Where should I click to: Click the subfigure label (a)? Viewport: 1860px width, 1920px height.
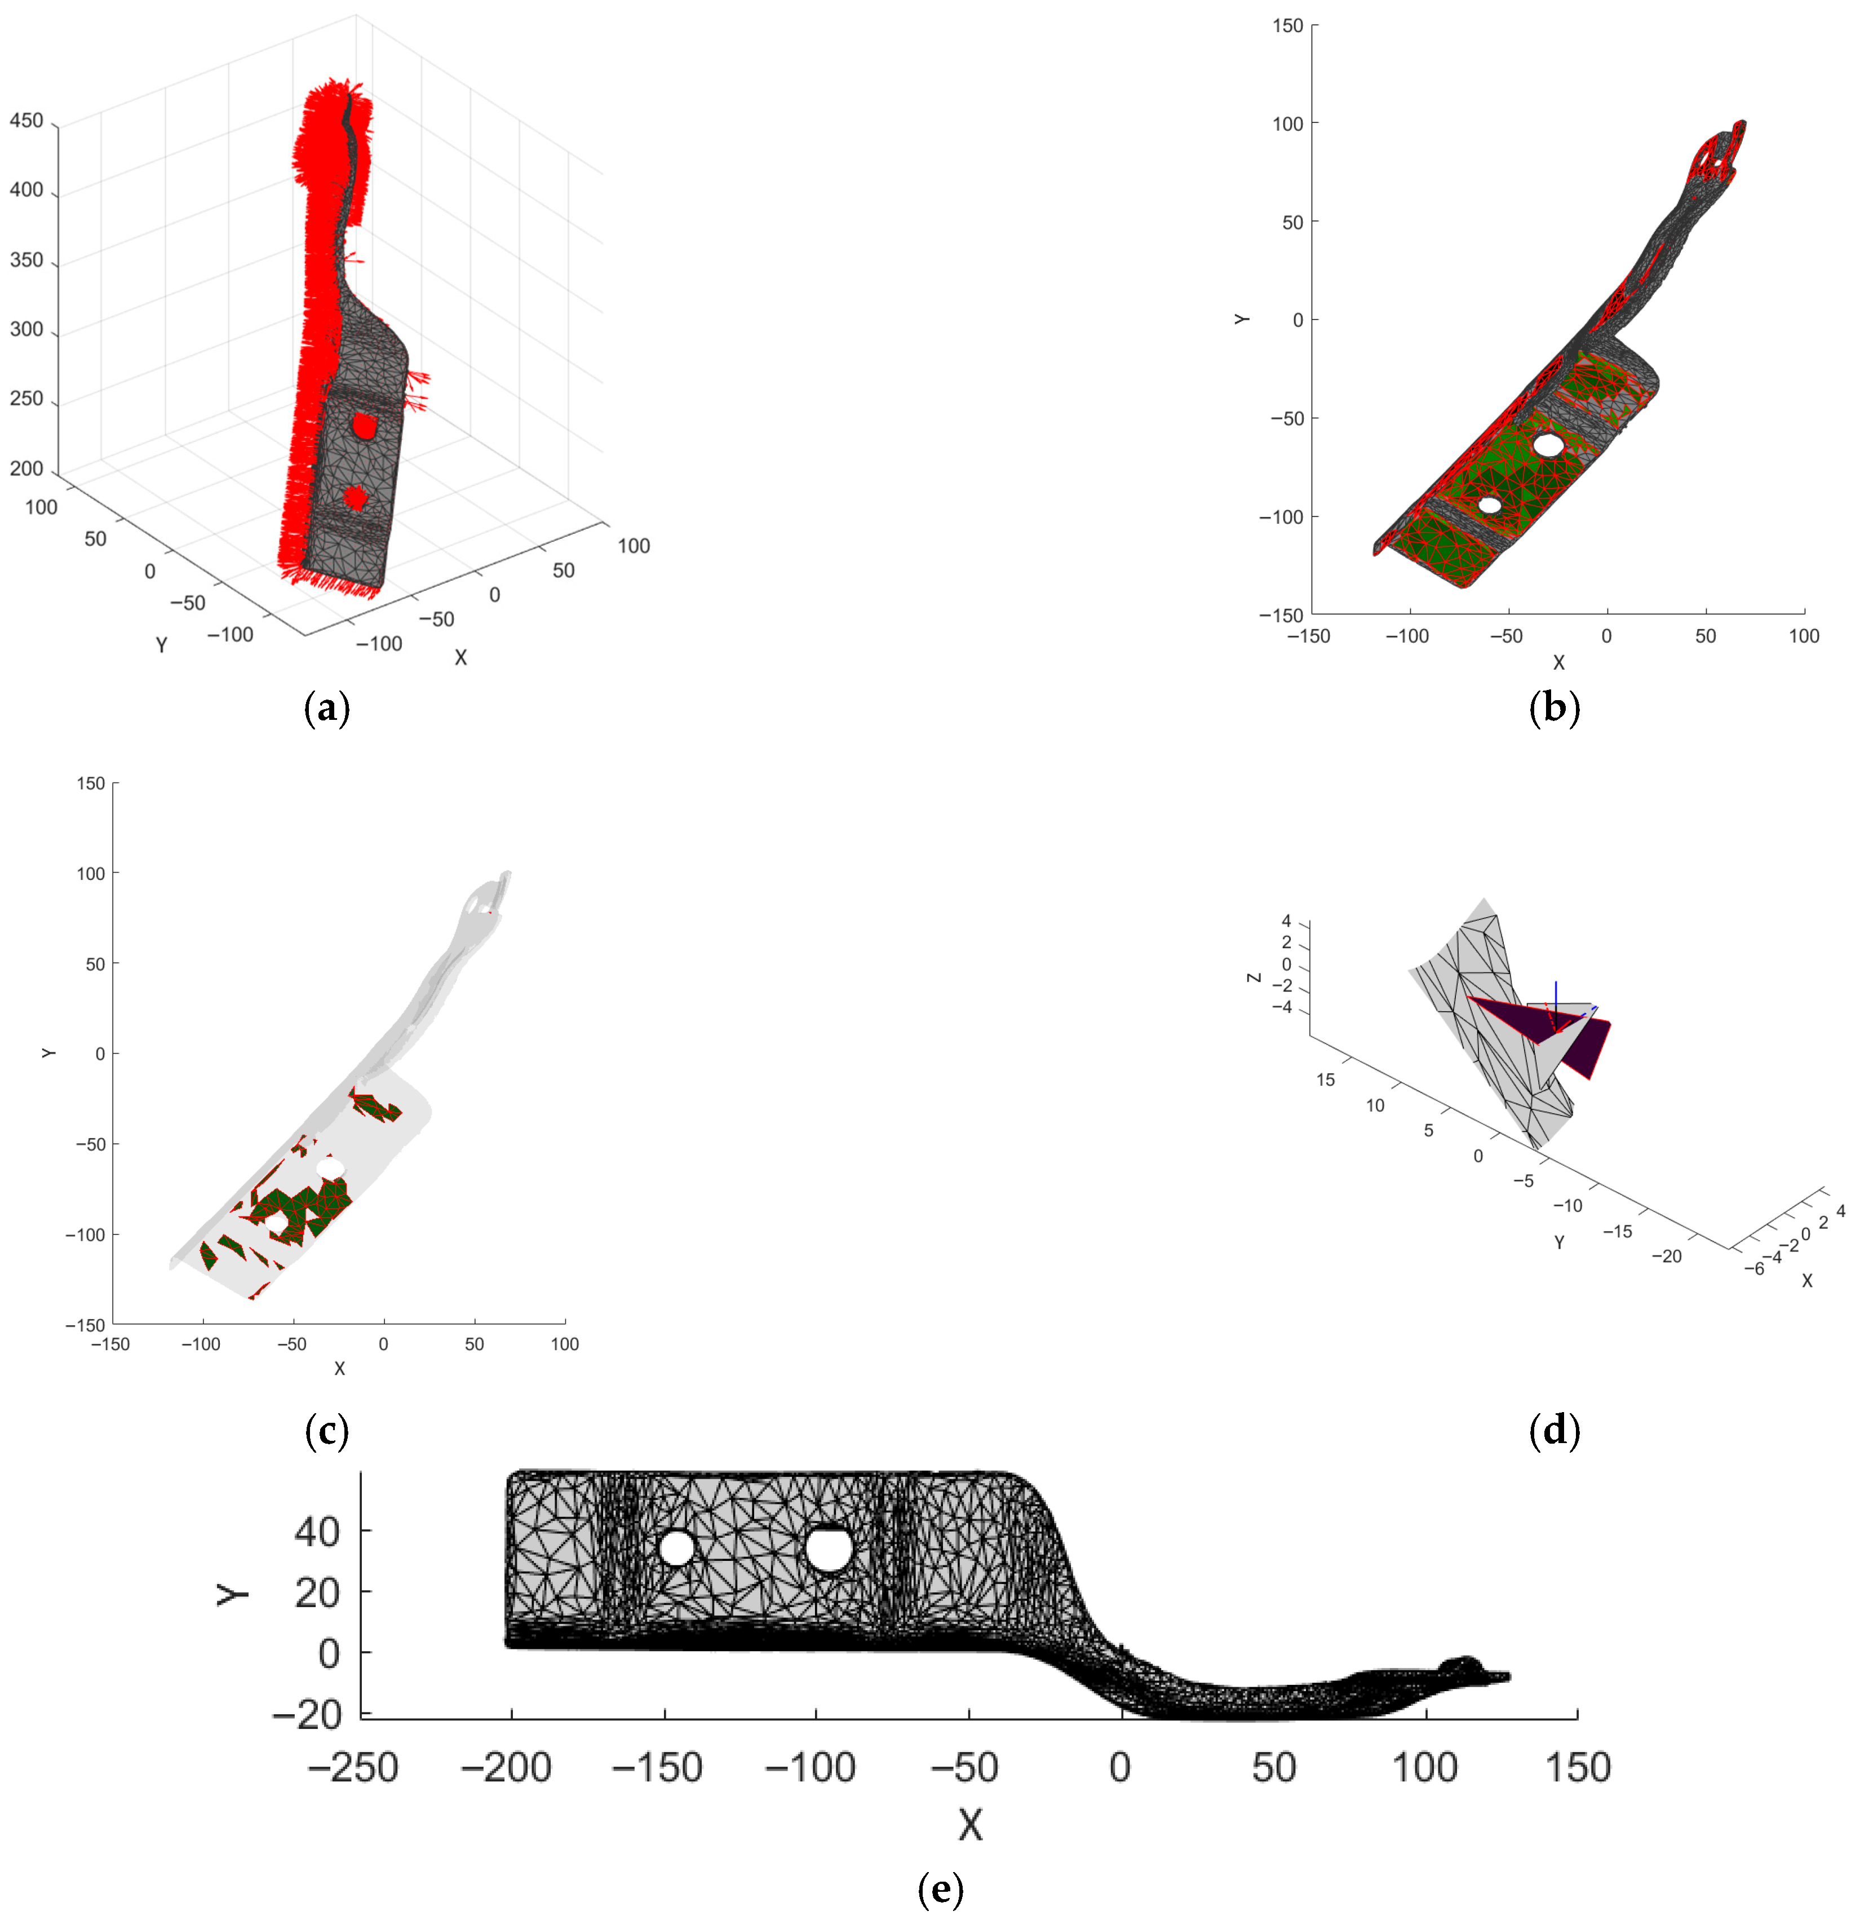[x=326, y=707]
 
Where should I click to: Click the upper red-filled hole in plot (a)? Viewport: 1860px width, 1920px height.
[x=364, y=425]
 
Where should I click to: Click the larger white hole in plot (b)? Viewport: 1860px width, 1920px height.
[x=1548, y=445]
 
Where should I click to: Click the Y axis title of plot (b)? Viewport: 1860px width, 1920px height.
[x=1242, y=320]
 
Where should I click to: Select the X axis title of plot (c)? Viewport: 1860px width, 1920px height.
[x=339, y=1369]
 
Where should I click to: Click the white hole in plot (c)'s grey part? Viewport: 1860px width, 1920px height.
[x=331, y=1167]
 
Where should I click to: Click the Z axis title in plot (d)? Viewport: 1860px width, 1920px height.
[x=1254, y=977]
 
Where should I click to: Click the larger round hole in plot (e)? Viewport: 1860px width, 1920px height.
[x=829, y=1549]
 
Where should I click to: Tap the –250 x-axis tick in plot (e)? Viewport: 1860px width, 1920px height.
[x=353, y=1768]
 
